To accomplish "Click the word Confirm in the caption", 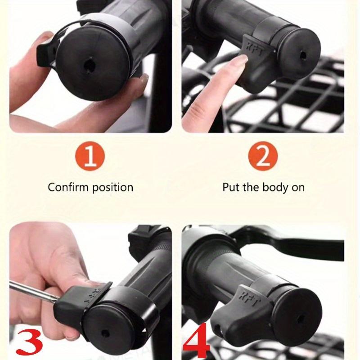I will coord(68,187).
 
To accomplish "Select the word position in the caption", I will coord(112,187).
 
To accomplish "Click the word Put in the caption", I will coord(231,187).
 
